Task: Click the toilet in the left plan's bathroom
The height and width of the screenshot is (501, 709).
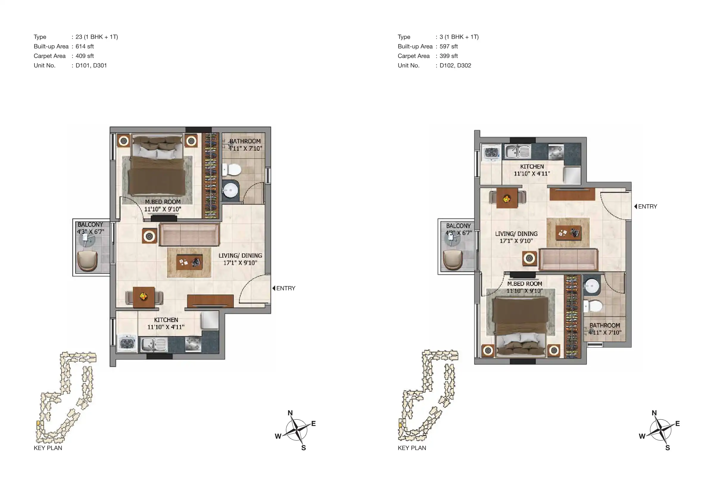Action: (232, 169)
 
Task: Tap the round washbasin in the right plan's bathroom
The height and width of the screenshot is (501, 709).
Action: (591, 286)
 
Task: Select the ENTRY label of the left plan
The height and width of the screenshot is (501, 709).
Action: (286, 288)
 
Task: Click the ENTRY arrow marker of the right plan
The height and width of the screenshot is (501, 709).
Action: (635, 206)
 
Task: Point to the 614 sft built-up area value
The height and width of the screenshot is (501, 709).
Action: (85, 46)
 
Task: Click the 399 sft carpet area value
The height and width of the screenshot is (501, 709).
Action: (449, 56)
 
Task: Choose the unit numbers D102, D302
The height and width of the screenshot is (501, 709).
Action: (455, 65)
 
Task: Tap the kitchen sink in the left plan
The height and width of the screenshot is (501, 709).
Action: (154, 344)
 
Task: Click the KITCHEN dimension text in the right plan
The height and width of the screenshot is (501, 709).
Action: (532, 174)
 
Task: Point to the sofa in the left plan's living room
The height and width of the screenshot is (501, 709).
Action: (189, 235)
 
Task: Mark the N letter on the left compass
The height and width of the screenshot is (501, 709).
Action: (290, 413)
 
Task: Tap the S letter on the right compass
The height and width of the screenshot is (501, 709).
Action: (668, 448)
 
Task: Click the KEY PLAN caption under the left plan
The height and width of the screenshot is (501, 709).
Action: (48, 448)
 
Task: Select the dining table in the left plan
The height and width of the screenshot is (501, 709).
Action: (144, 297)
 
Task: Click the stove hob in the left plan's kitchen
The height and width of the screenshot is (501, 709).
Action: (193, 344)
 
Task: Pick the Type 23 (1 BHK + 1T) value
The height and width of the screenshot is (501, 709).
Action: (97, 37)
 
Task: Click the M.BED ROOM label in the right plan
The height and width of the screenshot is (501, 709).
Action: (525, 284)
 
